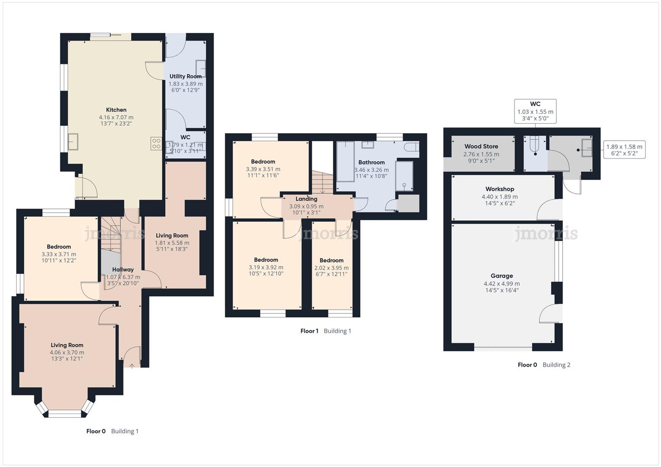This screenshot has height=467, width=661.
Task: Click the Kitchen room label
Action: (116, 110)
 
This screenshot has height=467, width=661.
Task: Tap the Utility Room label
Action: (185, 76)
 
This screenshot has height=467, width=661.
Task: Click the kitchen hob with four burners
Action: (156, 143)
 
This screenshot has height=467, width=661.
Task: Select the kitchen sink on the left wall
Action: (73, 142)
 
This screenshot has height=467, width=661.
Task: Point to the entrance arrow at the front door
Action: (132, 366)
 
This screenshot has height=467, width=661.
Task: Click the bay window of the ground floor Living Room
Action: (65, 413)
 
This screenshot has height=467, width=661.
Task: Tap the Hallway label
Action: (123, 270)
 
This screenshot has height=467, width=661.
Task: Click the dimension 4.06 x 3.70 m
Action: (67, 352)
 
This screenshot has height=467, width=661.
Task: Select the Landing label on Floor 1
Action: (306, 199)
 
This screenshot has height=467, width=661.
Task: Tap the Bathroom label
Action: (371, 162)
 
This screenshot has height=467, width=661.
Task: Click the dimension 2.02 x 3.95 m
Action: (331, 268)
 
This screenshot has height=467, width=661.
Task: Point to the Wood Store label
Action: (481, 146)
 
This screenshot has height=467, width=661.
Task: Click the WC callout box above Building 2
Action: (535, 111)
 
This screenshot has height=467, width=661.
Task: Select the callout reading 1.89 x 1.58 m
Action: (624, 150)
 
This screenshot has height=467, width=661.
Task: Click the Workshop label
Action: (500, 189)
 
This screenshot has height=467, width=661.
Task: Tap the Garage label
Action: (502, 276)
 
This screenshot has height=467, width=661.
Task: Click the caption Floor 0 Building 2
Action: (544, 365)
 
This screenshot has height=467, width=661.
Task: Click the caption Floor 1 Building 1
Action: (326, 331)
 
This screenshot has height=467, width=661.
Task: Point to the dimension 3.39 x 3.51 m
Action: (263, 169)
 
